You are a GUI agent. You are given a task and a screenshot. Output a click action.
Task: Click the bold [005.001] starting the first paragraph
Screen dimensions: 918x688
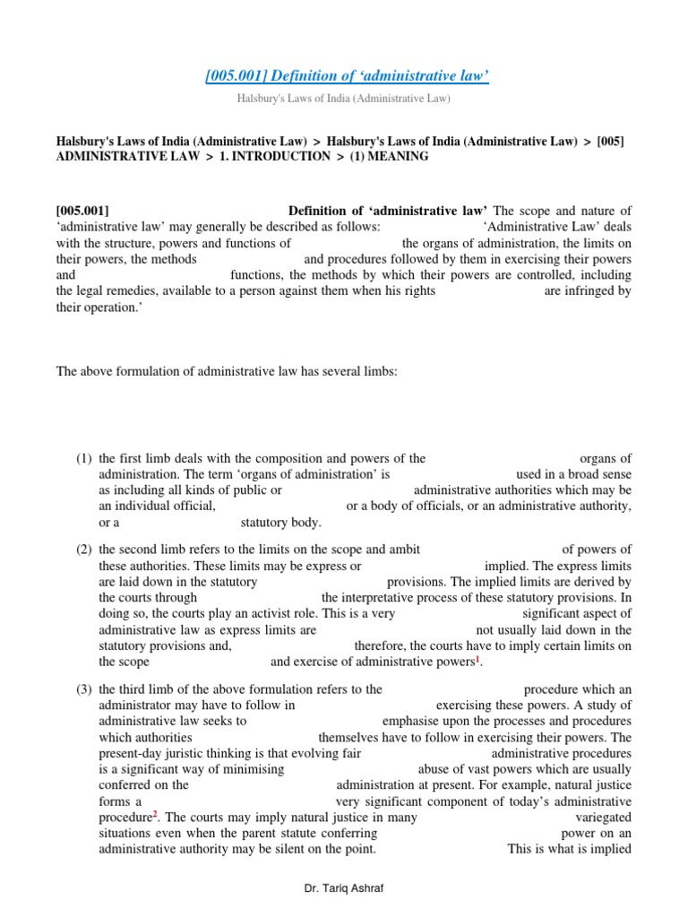click(x=82, y=211)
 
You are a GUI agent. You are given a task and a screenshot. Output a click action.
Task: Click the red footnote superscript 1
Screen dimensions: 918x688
click(x=477, y=659)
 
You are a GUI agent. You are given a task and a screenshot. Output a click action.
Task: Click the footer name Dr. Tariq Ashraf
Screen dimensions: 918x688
click(x=343, y=888)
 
